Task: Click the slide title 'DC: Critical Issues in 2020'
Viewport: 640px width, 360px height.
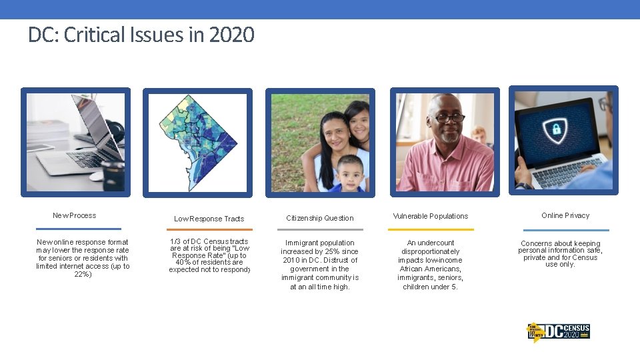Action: pos(141,35)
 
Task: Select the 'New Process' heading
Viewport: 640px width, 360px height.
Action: pos(75,215)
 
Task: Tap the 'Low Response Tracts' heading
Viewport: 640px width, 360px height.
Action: pos(209,219)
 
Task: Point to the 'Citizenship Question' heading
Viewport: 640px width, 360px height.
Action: pos(320,218)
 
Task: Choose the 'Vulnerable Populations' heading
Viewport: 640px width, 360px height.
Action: pos(431,216)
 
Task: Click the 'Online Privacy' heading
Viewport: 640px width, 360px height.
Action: pos(565,215)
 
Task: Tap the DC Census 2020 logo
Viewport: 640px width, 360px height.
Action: pos(559,331)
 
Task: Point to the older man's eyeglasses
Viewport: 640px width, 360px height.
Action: pos(450,118)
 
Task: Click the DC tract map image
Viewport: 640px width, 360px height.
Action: pos(198,143)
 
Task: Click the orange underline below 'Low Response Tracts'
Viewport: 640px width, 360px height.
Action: pos(209,230)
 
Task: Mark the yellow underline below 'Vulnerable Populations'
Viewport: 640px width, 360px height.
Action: pos(431,230)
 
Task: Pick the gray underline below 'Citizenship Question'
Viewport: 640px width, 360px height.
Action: pos(320,230)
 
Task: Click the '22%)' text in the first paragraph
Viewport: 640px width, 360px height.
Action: pos(83,274)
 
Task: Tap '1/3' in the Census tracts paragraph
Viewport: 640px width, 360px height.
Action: pos(176,241)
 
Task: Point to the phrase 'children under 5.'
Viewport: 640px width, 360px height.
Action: pos(431,287)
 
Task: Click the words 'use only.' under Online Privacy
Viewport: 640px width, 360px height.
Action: pos(560,265)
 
